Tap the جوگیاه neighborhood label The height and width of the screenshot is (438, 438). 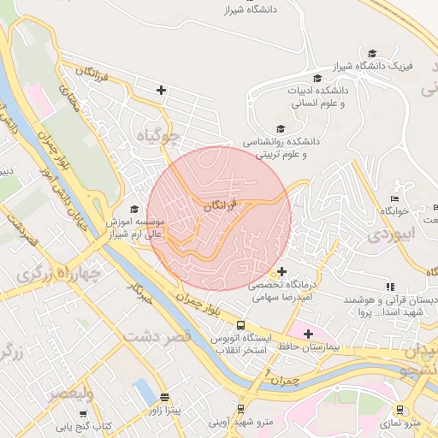[163, 134]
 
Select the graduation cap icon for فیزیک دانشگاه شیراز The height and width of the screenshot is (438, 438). [371, 53]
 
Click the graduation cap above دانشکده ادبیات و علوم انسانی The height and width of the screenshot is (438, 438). [317, 77]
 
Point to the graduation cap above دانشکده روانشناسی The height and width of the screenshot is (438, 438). [281, 127]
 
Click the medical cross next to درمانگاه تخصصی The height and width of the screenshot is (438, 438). [282, 271]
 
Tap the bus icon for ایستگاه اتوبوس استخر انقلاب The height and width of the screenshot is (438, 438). [241, 326]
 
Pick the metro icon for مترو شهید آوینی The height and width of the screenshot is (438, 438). [241, 408]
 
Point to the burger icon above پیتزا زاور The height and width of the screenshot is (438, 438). [163, 398]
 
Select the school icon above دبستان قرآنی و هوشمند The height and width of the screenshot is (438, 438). [390, 287]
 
